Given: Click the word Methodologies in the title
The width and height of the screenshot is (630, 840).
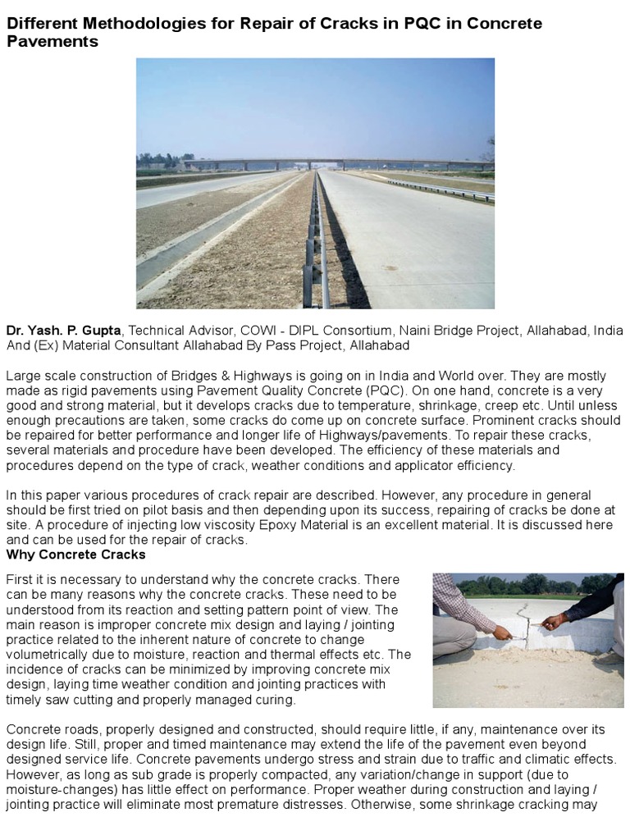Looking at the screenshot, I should [127, 24].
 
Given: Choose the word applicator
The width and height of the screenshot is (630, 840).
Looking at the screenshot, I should [420, 465].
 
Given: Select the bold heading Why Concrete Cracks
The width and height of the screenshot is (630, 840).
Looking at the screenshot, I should [75, 555].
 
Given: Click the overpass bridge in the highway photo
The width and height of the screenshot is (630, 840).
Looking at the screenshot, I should [328, 163].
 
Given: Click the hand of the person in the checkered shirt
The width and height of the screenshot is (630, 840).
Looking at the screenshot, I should [500, 632].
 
